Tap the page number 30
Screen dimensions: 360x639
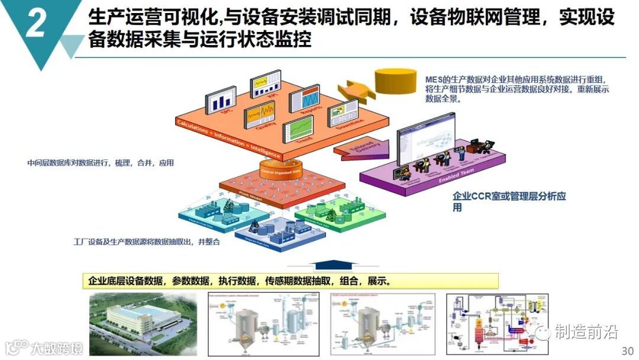tap(628, 349)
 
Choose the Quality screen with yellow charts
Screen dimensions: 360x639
tap(261, 113)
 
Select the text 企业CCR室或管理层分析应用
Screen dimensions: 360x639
tap(509, 201)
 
